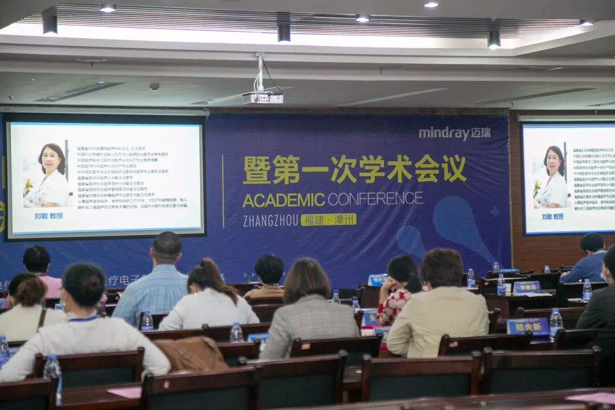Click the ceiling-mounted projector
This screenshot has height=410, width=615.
[x=263, y=98]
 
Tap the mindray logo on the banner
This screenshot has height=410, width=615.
[x=454, y=133]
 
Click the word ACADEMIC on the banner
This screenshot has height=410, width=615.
[x=284, y=200]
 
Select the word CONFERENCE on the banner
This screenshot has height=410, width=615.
[x=375, y=199]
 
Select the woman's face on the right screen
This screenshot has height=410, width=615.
[x=554, y=162]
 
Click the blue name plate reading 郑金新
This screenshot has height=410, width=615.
[x=528, y=326]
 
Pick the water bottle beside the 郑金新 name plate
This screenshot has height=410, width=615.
[x=555, y=322]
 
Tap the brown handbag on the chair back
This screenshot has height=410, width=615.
[x=191, y=354]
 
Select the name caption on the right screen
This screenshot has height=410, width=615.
[x=552, y=216]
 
